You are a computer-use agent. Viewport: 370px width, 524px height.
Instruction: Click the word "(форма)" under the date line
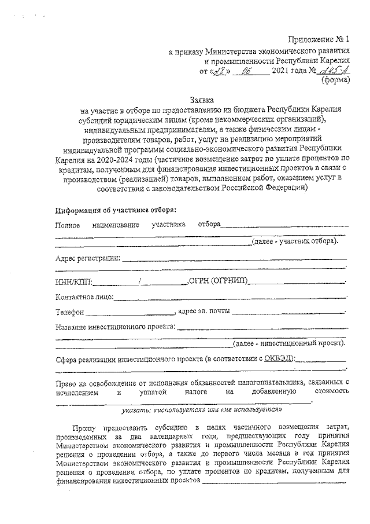335,81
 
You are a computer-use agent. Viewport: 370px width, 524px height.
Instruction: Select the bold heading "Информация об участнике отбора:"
116,210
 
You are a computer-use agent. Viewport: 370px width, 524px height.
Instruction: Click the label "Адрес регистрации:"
88,258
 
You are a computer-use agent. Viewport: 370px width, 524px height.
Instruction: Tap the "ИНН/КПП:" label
73,282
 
